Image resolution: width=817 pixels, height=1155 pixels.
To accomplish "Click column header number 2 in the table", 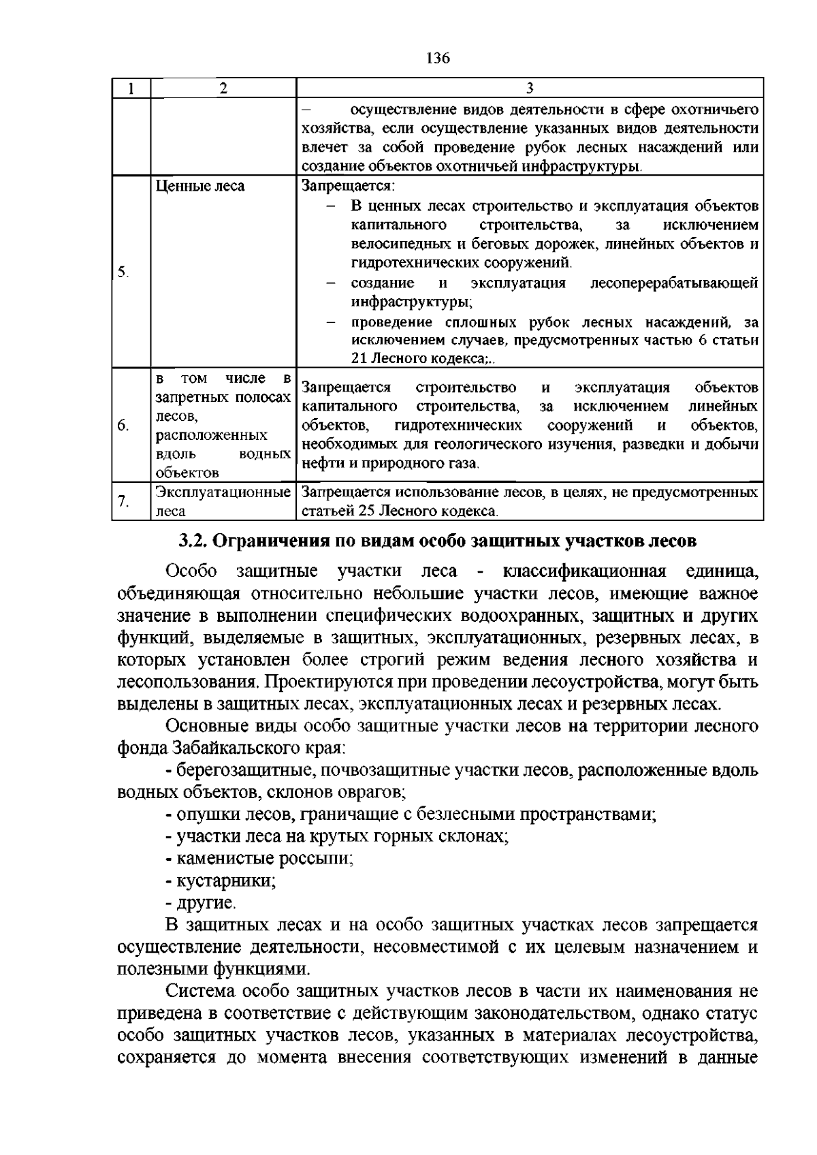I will point(223,88).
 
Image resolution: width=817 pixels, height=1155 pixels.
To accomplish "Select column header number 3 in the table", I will point(530,88).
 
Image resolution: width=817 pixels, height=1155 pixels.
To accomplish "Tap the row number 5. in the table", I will point(123,272).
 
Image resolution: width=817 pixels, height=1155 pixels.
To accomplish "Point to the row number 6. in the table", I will point(123,426).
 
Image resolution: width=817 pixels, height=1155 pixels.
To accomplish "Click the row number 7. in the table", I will point(123,503).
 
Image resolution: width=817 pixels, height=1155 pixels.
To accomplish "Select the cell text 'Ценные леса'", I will point(200,186).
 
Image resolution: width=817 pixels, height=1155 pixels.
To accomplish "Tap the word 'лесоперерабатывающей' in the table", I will point(674,283).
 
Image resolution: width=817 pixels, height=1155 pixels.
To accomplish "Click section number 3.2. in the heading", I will point(194,541).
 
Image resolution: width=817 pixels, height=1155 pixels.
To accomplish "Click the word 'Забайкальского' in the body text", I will point(235,748).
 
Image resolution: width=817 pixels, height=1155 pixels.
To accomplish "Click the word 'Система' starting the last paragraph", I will point(202,992).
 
